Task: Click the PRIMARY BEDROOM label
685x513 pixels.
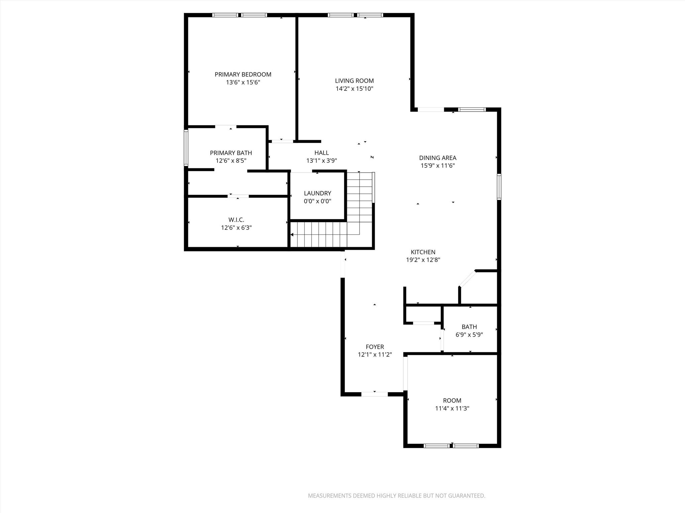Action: click(x=243, y=74)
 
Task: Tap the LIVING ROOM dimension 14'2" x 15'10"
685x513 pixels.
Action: click(x=354, y=89)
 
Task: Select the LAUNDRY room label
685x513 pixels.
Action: click(x=317, y=193)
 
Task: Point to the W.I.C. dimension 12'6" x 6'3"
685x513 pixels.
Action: click(x=236, y=228)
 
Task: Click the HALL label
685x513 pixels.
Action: click(x=321, y=153)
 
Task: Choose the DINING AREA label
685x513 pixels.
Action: click(x=437, y=158)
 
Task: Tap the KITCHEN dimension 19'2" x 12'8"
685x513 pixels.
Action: click(x=423, y=260)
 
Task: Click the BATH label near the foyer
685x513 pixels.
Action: click(x=469, y=327)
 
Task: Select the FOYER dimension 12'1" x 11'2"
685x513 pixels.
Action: click(x=375, y=355)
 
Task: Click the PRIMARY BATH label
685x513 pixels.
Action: click(x=231, y=153)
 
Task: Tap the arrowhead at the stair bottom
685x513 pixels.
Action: click(x=292, y=235)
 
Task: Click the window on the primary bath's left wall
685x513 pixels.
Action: click(x=186, y=148)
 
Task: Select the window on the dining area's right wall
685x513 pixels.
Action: click(x=499, y=187)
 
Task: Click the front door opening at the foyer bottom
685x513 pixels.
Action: click(x=374, y=394)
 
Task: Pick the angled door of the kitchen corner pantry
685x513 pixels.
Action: click(x=467, y=279)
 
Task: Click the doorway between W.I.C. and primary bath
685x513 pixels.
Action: click(x=238, y=196)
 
